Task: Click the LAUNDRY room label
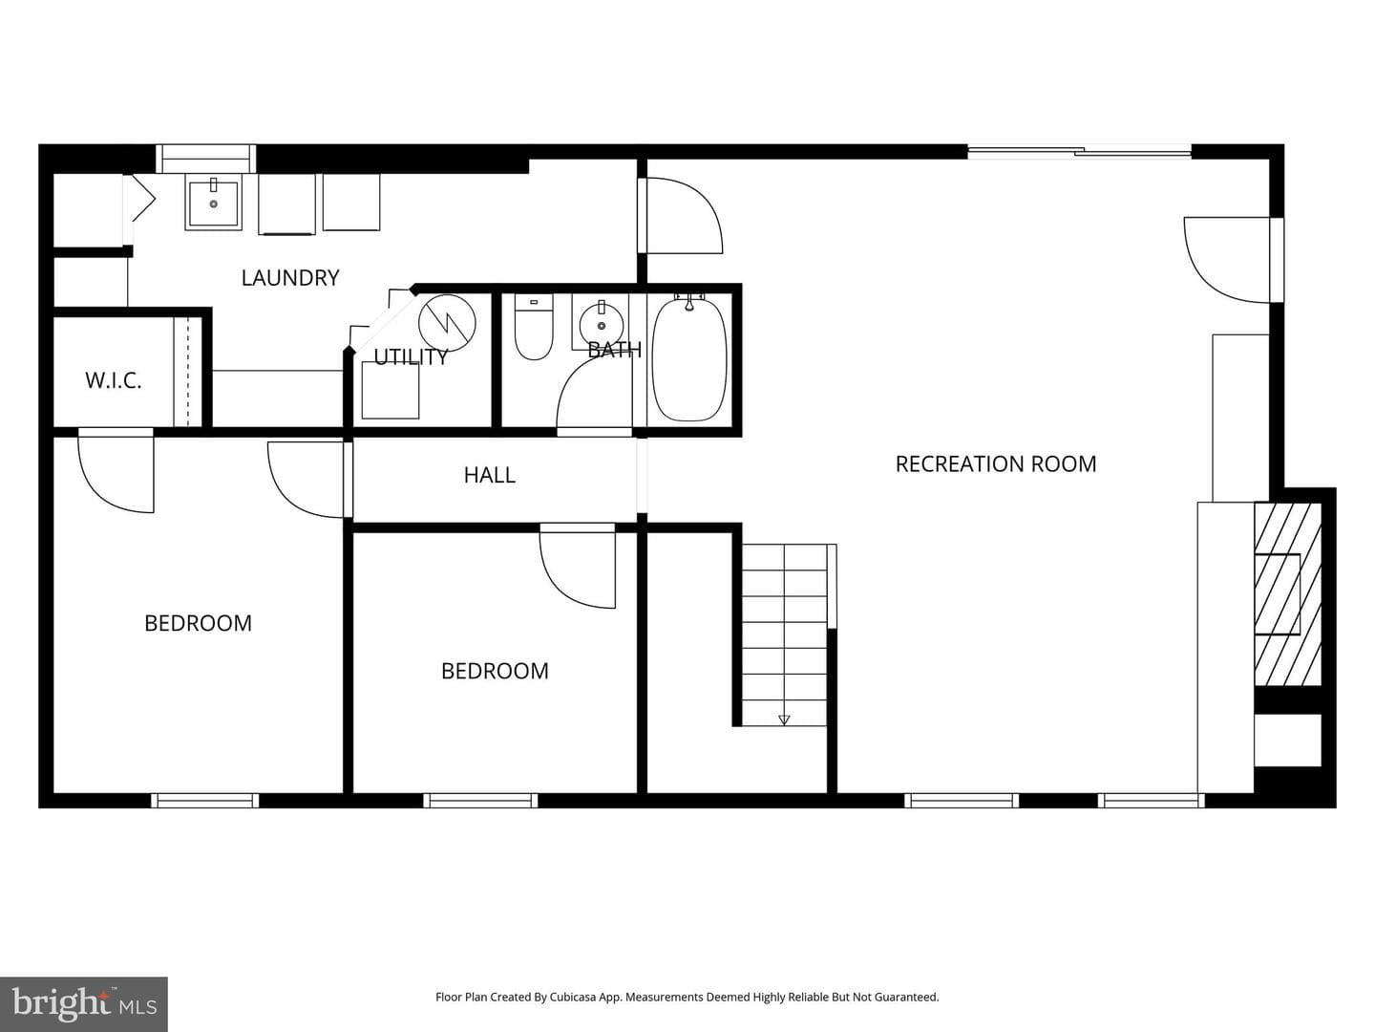pyautogui.click(x=290, y=277)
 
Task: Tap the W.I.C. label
pyautogui.click(x=114, y=380)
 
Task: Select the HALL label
pyautogui.click(x=489, y=475)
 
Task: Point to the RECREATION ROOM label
pyautogui.click(x=995, y=464)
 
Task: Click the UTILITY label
pyautogui.click(x=411, y=357)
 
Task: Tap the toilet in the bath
pyautogui.click(x=534, y=327)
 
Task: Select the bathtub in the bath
pyautogui.click(x=689, y=359)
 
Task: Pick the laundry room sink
pyautogui.click(x=214, y=203)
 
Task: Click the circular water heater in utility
pyautogui.click(x=447, y=323)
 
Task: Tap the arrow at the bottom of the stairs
pyautogui.click(x=784, y=720)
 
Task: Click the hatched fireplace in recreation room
pyautogui.click(x=1287, y=594)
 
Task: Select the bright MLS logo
pyautogui.click(x=84, y=1004)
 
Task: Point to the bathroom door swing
pyautogui.click(x=594, y=395)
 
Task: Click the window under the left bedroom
pyautogui.click(x=205, y=800)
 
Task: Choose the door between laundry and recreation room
pyautogui.click(x=680, y=216)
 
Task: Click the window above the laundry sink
pyautogui.click(x=206, y=159)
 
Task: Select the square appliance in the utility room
pyautogui.click(x=391, y=390)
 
